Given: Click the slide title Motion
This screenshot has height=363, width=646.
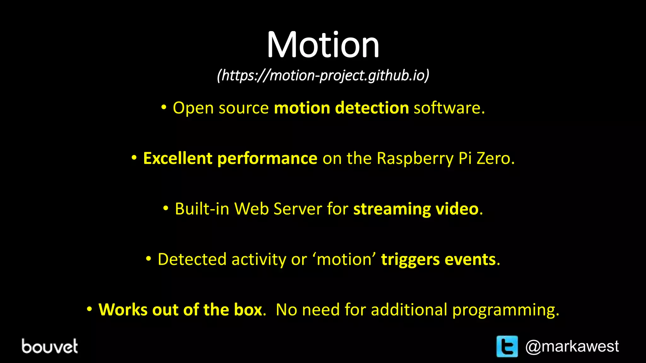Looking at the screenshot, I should (x=323, y=45).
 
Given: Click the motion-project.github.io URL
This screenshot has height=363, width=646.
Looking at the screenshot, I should (x=323, y=76).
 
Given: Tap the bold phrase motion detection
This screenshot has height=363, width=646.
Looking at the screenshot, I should (x=341, y=108).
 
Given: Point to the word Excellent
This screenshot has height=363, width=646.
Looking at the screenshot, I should (x=177, y=158).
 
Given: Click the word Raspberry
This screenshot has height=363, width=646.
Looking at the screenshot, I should (x=415, y=159).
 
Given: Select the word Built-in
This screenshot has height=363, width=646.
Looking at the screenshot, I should (x=202, y=209).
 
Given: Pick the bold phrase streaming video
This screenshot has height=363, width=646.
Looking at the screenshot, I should (x=416, y=209).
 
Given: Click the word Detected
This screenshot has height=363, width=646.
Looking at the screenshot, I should (x=192, y=259).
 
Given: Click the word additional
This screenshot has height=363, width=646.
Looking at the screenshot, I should (x=409, y=310).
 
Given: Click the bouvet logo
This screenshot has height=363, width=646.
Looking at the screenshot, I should (x=50, y=346).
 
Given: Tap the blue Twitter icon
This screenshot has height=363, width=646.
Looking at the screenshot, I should (x=507, y=346).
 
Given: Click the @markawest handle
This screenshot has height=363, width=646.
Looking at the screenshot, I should (x=572, y=347).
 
